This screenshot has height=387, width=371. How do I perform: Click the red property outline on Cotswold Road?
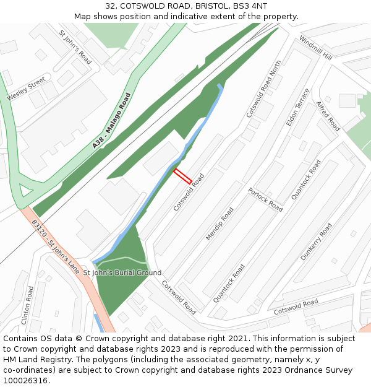click(x=182, y=176)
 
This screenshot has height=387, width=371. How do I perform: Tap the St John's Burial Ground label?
click(x=122, y=272)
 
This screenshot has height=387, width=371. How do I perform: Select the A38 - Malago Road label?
click(x=112, y=121)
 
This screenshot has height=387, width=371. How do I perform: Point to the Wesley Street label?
click(x=27, y=89)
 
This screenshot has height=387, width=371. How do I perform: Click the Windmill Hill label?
click(x=315, y=48)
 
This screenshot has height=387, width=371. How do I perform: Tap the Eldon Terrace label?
click(x=297, y=107)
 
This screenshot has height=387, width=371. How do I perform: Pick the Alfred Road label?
click(x=328, y=116)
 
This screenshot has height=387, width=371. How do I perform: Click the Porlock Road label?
click(x=265, y=199)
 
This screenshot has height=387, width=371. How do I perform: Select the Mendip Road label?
click(x=220, y=224)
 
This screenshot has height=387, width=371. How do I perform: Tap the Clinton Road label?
click(x=27, y=310)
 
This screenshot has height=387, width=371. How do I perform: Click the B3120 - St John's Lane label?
click(x=56, y=247)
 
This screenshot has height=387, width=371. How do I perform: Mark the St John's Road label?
click(x=75, y=47)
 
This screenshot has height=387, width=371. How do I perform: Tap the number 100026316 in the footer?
click(x=25, y=380)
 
